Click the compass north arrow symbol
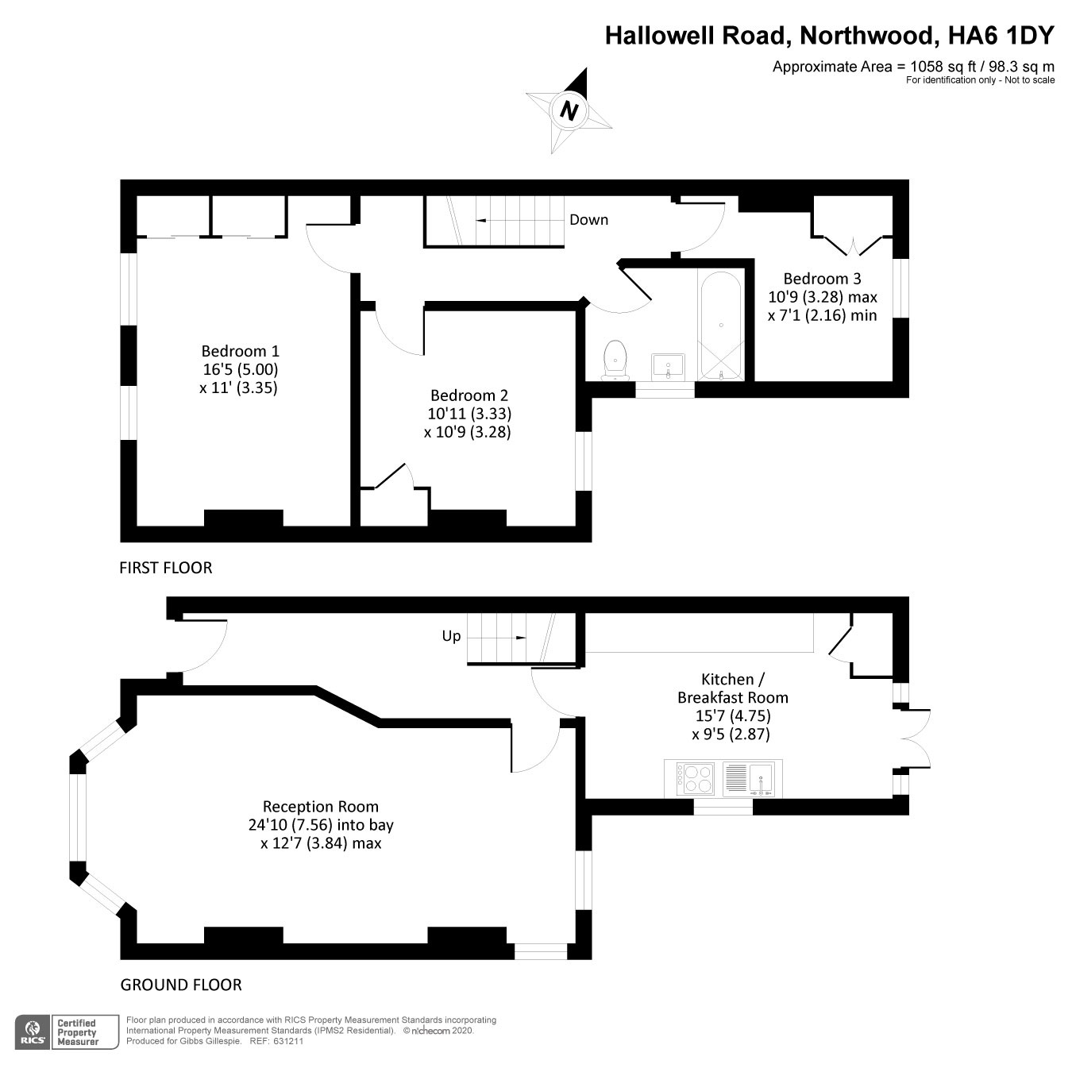coord(569,110)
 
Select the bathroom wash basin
coord(668,366)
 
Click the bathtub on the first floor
coord(720,326)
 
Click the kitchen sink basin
coord(761,777)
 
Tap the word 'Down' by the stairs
coord(588,220)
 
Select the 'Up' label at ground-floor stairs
coord(451,636)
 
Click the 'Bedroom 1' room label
coord(241,351)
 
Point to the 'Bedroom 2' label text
coord(469,395)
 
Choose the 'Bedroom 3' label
coord(822,279)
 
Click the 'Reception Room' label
coord(321,807)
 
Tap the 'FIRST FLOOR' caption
coord(166,568)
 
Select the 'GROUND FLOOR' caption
coord(181,985)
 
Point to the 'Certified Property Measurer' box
coord(77,1032)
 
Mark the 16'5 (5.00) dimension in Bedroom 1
coord(241,370)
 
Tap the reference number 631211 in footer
coord(287,1041)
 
